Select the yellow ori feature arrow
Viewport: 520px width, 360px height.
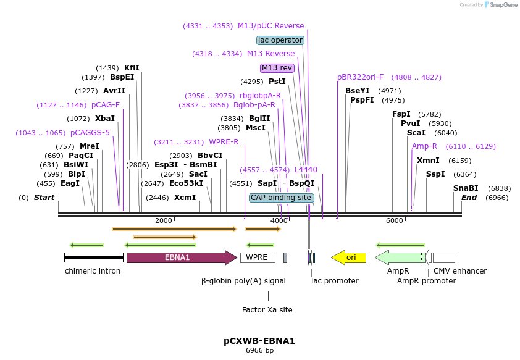click(349, 257)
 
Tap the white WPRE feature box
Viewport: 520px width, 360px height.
click(257, 257)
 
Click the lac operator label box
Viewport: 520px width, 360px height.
click(280, 40)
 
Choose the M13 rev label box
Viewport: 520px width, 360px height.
click(277, 68)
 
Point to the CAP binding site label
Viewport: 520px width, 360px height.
click(281, 198)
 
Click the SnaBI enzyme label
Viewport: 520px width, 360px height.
click(466, 188)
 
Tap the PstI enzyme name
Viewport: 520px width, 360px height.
click(277, 82)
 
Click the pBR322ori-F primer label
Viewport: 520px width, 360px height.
click(360, 77)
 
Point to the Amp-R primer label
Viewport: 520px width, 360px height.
click(424, 146)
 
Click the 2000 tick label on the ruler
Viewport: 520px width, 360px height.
click(164, 221)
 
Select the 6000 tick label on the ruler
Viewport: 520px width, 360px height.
click(394, 221)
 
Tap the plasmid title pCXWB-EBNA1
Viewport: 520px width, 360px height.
click(259, 340)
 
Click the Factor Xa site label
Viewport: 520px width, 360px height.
click(267, 309)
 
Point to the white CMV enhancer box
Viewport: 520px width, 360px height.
click(443, 257)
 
